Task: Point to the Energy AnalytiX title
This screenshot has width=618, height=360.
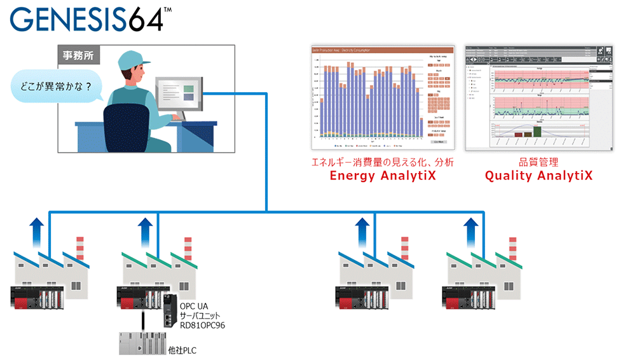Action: [382, 176]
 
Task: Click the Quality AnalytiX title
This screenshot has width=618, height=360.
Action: [539, 176]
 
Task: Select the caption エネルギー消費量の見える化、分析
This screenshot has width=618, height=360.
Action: [382, 162]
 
